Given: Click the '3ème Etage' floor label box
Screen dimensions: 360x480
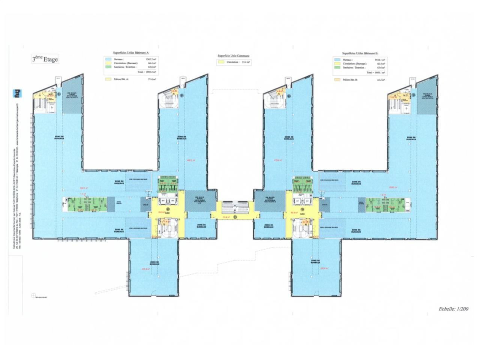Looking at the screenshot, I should pyautogui.click(x=45, y=59).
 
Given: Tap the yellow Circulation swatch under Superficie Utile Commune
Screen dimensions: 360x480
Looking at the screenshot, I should pyautogui.click(x=221, y=62).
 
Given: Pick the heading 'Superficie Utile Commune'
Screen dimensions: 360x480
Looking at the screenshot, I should pyautogui.click(x=233, y=55).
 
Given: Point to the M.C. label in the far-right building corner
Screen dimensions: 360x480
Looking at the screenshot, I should pyautogui.click(x=405, y=95).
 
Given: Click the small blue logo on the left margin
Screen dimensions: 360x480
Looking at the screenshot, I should pyautogui.click(x=16, y=93).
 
